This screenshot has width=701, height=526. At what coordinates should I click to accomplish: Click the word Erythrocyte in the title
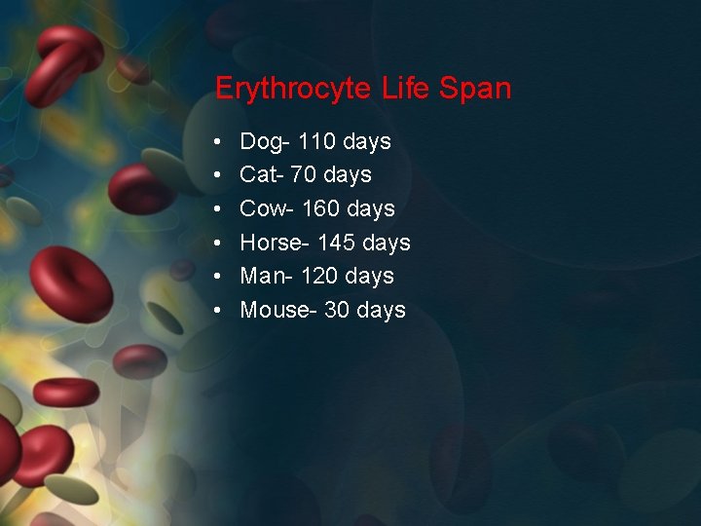coord(293,90)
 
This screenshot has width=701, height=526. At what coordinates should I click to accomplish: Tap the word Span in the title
coord(475,90)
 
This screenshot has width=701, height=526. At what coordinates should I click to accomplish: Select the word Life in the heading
coord(407,89)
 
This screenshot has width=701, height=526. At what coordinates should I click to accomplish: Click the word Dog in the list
coord(261,142)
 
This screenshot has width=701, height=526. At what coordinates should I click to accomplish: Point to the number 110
coord(316,141)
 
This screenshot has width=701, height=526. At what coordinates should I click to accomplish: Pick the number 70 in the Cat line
coord(303,175)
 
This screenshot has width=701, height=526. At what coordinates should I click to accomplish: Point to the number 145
coord(336,243)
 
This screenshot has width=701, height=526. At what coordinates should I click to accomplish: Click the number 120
coord(320,276)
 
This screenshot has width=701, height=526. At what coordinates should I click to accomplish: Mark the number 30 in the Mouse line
coord(337,310)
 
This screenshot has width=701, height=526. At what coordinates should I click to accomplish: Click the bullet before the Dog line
coord(220,142)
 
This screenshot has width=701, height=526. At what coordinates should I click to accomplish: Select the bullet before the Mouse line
coord(220,310)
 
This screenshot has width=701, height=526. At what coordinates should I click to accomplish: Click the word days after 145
coord(387,244)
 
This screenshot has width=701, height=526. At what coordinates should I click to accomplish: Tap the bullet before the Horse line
coord(220,243)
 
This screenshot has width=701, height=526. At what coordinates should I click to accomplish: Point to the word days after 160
coord(371,209)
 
